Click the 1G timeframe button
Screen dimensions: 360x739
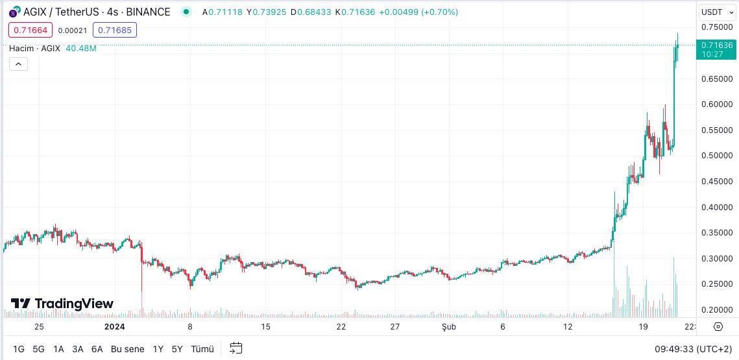click(19, 349)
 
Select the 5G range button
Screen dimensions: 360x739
click(38, 349)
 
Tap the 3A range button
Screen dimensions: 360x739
click(78, 349)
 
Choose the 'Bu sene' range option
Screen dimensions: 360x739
click(127, 349)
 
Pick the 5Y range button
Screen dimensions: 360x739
click(177, 349)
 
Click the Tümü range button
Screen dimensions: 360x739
click(202, 349)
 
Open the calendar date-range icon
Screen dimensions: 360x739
click(236, 348)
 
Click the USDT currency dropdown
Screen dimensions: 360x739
click(717, 12)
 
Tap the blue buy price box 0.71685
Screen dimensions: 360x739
click(115, 30)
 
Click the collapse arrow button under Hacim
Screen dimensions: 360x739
click(18, 64)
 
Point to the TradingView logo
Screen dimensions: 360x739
click(62, 304)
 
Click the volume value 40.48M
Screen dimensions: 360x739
click(81, 49)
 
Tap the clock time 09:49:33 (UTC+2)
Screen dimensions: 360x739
click(694, 349)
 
